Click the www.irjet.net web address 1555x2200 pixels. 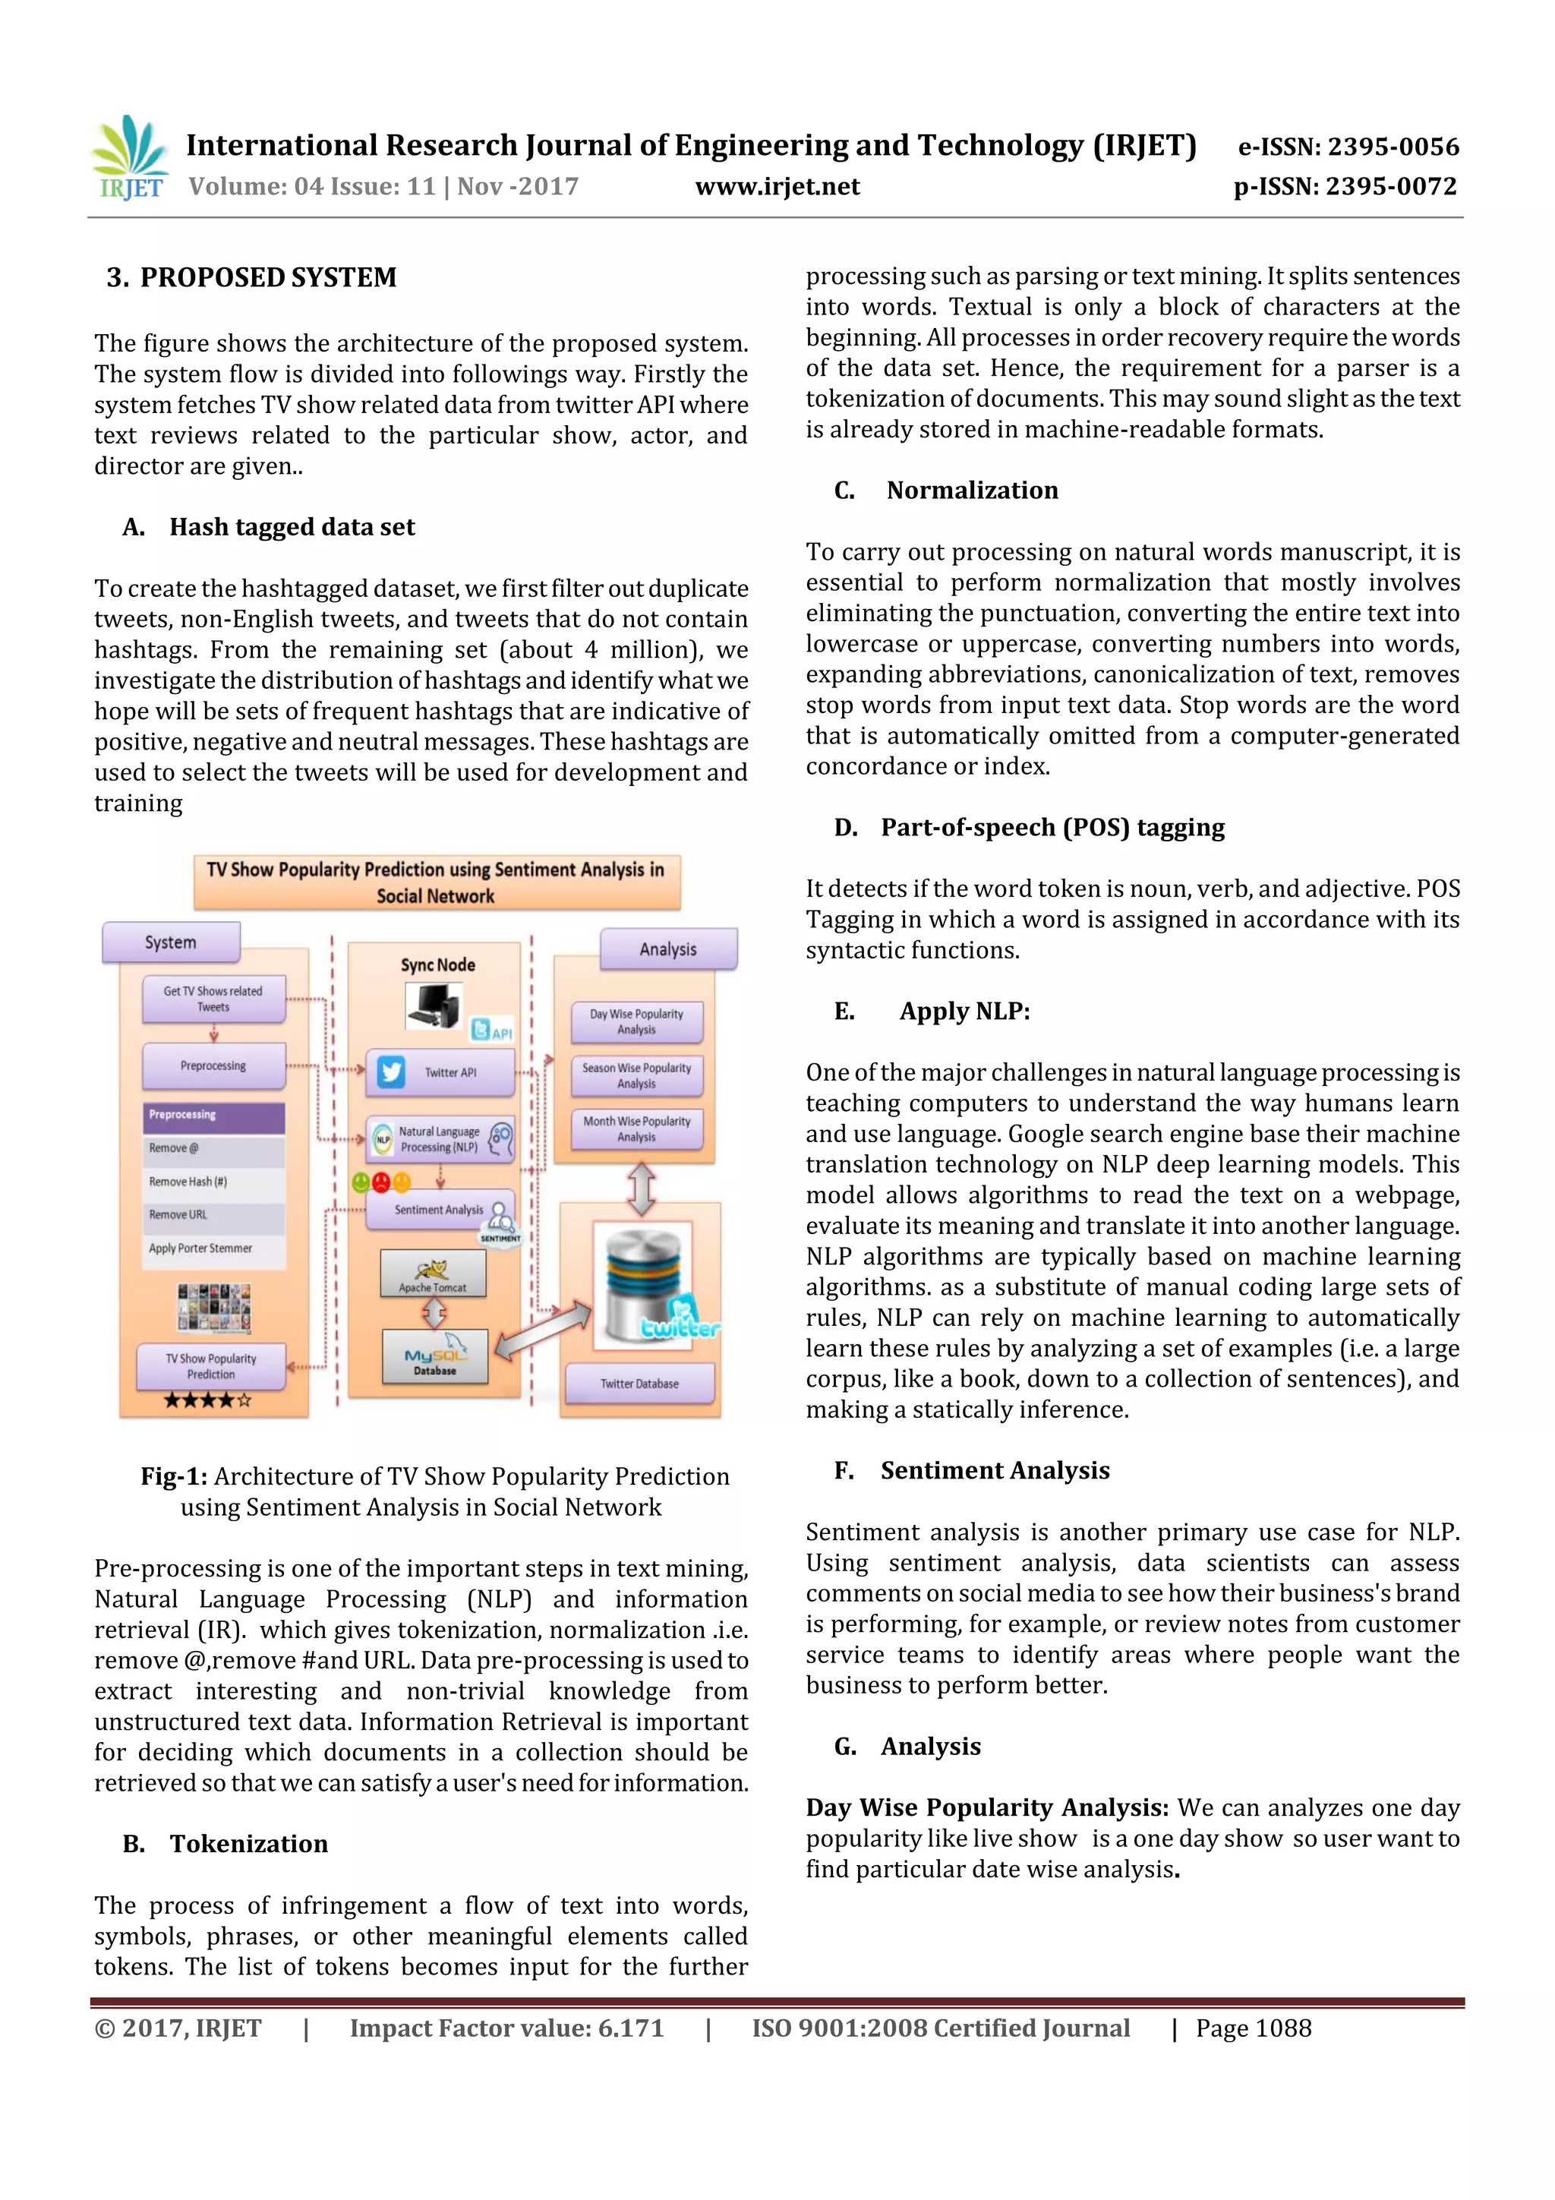point(777,187)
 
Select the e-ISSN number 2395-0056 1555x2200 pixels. point(1348,147)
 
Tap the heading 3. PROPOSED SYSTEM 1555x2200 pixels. point(252,278)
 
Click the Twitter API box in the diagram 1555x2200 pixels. point(440,1072)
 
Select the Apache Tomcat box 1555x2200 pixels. point(433,1274)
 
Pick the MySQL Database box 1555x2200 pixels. point(435,1356)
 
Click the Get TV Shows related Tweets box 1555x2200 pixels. point(213,999)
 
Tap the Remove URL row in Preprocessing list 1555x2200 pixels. point(213,1214)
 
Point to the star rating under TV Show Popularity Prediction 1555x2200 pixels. point(207,1401)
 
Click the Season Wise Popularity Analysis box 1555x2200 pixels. point(636,1075)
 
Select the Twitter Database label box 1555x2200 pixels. point(639,1384)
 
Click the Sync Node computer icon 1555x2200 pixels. point(434,1007)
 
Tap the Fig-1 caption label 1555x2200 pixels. point(173,1476)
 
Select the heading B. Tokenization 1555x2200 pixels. point(226,1844)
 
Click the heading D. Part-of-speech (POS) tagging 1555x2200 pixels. point(1030,827)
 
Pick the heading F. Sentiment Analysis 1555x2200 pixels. point(973,1470)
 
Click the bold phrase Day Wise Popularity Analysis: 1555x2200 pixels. point(986,1807)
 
